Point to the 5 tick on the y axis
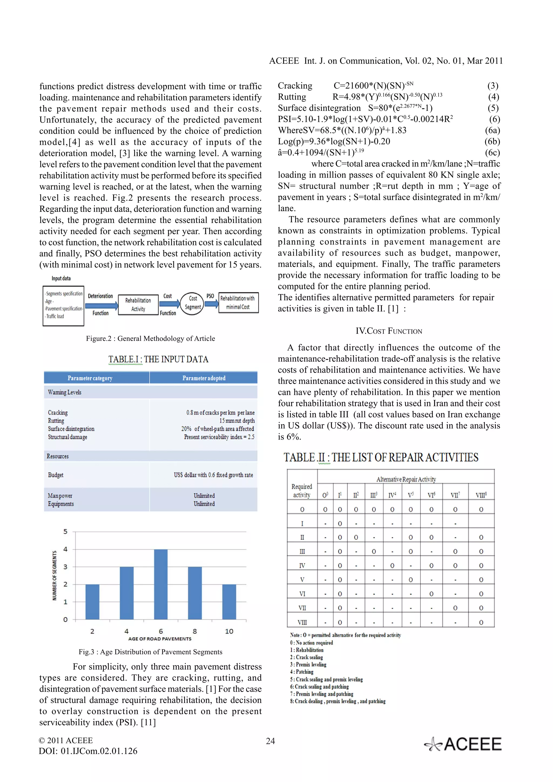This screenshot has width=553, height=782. [65, 532]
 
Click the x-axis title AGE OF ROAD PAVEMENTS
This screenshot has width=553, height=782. [160, 639]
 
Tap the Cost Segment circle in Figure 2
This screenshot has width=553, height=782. [193, 303]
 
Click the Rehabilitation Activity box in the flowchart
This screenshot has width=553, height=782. [138, 304]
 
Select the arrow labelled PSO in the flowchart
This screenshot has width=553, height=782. [211, 302]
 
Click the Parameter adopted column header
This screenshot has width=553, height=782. [204, 378]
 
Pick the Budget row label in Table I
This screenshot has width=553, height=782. [56, 475]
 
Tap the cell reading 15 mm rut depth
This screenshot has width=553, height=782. [237, 421]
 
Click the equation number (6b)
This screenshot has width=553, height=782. [492, 141]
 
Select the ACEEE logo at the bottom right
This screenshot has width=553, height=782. [463, 744]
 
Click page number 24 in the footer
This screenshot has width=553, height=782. [270, 741]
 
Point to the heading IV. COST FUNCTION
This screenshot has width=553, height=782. [389, 331]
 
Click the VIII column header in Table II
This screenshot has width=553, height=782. [481, 495]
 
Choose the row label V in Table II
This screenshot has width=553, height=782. [302, 580]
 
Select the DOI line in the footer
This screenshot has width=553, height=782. [88, 751]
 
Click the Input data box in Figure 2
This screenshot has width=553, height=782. [63, 305]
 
